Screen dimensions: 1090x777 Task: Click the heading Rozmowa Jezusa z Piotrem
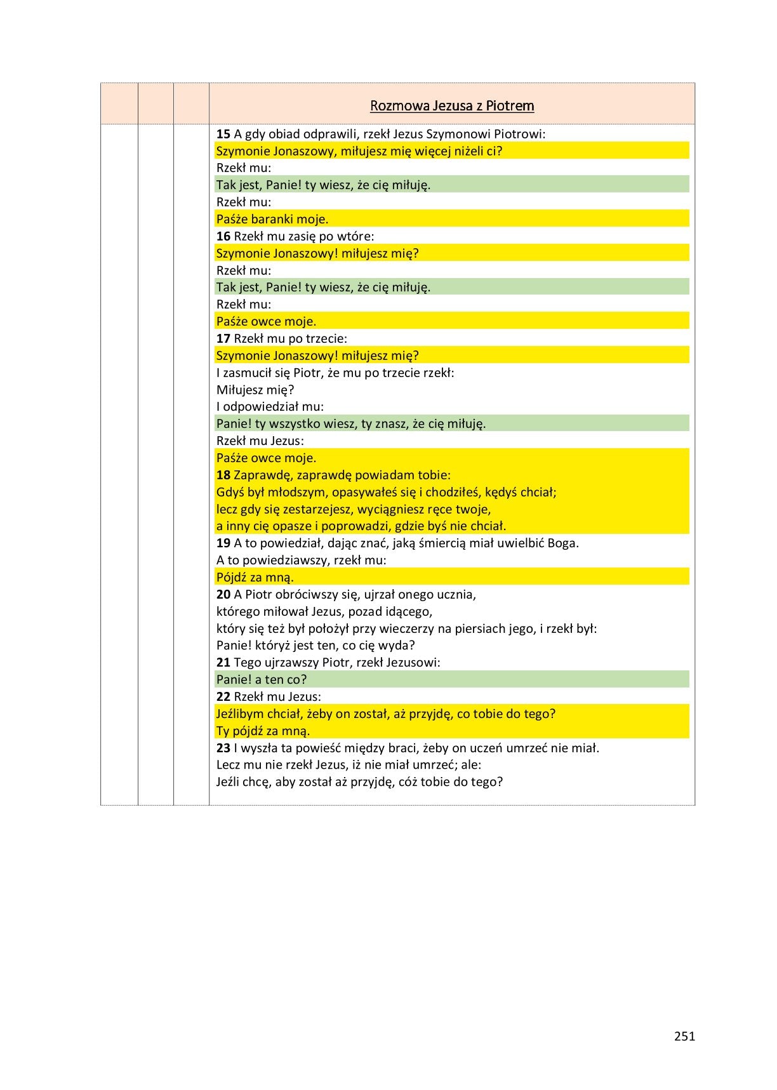pos(451,106)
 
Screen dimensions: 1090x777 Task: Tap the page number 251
pos(684,1037)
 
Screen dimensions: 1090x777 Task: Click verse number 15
pos(223,134)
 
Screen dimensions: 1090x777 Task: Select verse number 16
pos(223,236)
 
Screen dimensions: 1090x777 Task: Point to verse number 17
pos(223,338)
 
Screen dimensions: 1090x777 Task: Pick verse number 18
pos(223,475)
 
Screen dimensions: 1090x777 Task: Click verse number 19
pos(223,543)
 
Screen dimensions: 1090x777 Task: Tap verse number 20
pos(223,594)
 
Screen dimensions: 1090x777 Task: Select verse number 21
pos(223,662)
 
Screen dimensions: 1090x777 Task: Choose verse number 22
pos(223,696)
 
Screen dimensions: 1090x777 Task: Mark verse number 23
pos(223,748)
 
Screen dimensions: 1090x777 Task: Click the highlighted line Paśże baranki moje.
pos(272,219)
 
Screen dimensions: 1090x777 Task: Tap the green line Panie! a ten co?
pos(262,679)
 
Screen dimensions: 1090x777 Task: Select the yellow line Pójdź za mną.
pos(255,578)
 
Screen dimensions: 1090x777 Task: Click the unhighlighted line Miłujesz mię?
pos(255,390)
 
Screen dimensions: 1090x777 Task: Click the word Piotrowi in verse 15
pos(519,134)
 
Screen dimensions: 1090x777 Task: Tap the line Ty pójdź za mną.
pos(263,731)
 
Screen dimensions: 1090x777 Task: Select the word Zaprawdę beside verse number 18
pos(260,475)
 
